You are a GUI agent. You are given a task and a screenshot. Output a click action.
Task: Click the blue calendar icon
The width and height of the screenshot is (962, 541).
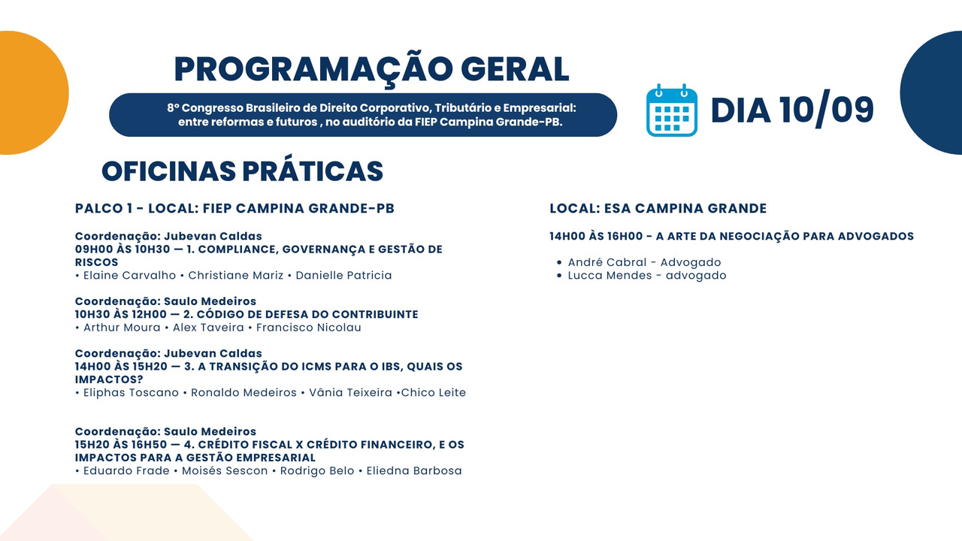672,110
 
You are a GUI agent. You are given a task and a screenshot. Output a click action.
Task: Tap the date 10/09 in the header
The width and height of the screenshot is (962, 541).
827,110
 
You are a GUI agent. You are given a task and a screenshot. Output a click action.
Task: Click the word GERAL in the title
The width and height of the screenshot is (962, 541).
515,69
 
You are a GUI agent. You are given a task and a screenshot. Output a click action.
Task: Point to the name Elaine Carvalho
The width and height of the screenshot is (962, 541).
129,275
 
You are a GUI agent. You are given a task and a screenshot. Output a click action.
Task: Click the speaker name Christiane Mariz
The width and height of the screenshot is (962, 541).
236,275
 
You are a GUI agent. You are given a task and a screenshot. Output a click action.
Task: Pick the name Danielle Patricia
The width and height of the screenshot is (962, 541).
343,275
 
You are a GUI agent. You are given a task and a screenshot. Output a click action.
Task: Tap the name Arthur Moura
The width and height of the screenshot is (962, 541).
122,327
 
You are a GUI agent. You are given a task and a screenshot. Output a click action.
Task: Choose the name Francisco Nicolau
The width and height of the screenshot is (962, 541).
308,327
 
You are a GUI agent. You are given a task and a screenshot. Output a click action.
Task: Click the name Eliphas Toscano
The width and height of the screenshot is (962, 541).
131,392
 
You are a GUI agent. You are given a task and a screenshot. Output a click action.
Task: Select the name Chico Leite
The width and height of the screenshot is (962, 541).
434,392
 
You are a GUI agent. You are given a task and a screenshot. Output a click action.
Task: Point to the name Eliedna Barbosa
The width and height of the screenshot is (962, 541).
414,470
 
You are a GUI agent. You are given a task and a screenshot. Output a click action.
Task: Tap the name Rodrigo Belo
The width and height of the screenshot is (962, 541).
317,470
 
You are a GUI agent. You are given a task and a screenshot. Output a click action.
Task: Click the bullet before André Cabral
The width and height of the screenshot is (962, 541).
558,262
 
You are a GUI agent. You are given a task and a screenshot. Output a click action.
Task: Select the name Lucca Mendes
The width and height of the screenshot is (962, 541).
610,275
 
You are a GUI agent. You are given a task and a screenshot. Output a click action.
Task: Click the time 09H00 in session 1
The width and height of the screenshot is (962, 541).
92,249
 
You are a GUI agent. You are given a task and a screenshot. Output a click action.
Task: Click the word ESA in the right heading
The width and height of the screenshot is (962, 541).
617,209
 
